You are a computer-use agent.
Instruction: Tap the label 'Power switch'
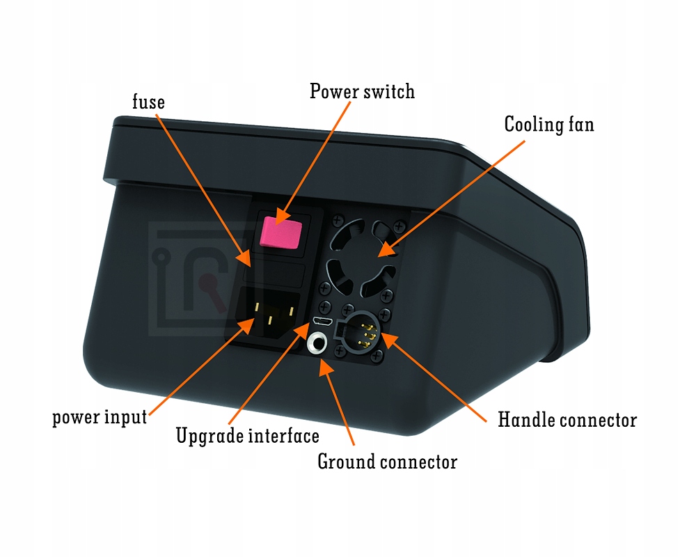click(362, 91)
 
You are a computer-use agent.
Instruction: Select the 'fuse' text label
click(148, 102)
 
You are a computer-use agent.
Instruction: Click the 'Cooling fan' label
click(549, 125)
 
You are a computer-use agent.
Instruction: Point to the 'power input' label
click(100, 418)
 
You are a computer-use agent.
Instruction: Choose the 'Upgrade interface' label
click(247, 436)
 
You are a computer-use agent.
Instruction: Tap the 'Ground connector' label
click(387, 461)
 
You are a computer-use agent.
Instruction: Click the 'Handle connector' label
click(567, 420)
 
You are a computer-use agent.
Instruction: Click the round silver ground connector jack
click(319, 344)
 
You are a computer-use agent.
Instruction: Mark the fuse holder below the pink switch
click(278, 274)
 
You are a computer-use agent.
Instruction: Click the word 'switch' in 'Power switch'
click(390, 91)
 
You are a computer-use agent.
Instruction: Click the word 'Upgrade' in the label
click(208, 437)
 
